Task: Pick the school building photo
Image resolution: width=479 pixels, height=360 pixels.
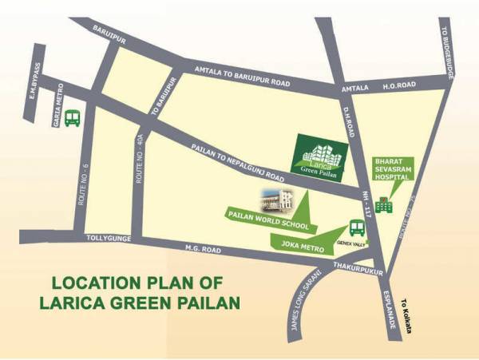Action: (275, 197)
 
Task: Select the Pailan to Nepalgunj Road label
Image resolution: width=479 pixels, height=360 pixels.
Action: (239, 161)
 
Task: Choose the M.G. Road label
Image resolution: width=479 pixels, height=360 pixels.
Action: (204, 247)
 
